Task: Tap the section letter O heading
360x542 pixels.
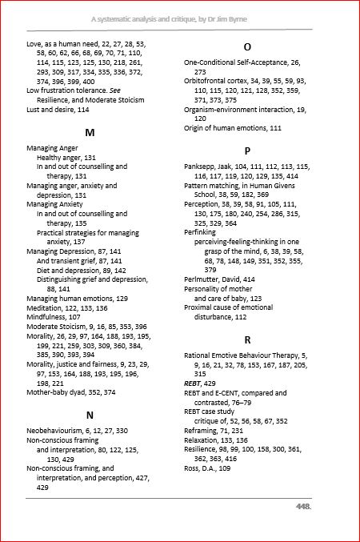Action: (247, 47)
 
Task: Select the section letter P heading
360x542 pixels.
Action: (247, 151)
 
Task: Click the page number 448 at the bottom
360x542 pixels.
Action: (303, 506)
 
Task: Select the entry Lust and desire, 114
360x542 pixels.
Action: (58, 109)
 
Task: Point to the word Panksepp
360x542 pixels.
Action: (202, 167)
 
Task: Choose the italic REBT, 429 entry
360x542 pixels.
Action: (199, 384)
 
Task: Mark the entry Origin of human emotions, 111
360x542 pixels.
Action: (233, 128)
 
